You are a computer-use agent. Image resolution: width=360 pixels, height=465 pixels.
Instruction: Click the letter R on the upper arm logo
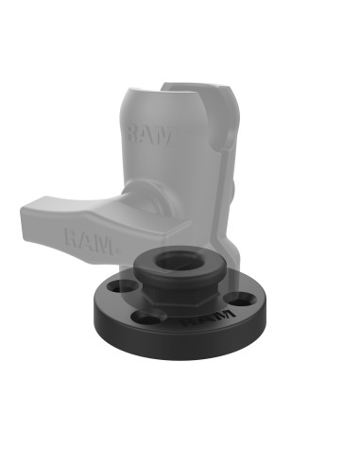point(135,135)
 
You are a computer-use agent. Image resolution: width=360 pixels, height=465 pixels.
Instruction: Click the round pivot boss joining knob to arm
point(151,203)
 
